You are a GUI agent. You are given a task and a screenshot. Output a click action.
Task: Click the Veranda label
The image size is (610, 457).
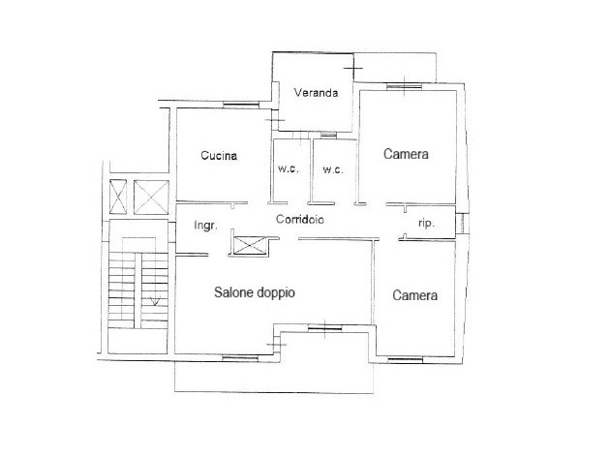pos(316,93)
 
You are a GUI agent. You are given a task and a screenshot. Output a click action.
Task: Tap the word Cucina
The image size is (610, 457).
pos(219,156)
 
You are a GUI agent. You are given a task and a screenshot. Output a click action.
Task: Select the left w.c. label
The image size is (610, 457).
pos(289,168)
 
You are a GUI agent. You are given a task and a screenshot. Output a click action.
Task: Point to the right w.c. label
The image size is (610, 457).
pos(333,169)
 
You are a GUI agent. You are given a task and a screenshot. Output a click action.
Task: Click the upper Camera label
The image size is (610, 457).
pos(406,154)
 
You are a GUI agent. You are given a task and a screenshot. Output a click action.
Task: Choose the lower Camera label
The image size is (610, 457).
pos(414,295)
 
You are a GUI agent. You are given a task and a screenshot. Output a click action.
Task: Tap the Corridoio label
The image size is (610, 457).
pos(299,220)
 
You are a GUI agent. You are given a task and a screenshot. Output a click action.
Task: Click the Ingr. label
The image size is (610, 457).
pos(206,226)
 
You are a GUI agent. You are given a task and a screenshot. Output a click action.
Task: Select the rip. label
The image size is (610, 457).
pos(426,224)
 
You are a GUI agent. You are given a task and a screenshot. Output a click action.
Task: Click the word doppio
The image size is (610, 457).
pos(275,292)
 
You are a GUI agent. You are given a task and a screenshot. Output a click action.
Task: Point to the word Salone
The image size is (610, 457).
pos(233,292)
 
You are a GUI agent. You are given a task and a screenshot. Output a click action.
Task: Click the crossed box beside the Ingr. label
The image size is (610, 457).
pos(249,245)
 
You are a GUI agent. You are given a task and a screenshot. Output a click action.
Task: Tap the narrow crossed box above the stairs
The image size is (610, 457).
pos(118,197)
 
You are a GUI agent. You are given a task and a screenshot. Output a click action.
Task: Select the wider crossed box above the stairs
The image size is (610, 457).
pos(151,197)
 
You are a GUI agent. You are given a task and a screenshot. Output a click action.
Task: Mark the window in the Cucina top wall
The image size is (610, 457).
pos(241,105)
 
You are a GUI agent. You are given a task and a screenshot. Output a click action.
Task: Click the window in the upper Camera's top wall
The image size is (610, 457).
pos(404,86)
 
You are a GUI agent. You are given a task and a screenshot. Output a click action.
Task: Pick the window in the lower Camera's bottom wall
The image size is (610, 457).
pos(406,360)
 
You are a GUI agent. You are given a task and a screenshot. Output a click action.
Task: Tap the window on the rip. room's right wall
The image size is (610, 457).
pos(460,224)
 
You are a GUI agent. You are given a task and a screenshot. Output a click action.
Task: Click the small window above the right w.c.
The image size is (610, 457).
pos(329,135)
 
